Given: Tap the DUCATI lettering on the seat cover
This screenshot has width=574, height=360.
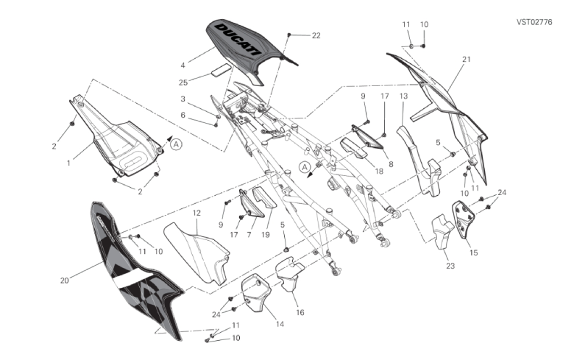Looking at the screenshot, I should pyautogui.click(x=238, y=39).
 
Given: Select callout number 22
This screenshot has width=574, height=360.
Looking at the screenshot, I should pyautogui.click(x=316, y=35).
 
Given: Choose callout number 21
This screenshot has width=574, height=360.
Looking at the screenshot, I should pyautogui.click(x=466, y=59).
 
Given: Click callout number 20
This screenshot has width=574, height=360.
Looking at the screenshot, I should pyautogui.click(x=65, y=280).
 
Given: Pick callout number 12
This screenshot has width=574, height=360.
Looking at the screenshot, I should pyautogui.click(x=196, y=213).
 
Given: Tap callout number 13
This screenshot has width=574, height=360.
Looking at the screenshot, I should pyautogui.click(x=403, y=96).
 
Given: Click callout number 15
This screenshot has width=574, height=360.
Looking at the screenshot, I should pyautogui.click(x=473, y=253).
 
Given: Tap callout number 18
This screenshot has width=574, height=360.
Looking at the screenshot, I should pyautogui.click(x=380, y=170).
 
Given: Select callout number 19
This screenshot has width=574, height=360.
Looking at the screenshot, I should pyautogui.click(x=266, y=235).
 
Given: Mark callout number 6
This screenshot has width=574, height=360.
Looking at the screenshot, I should pyautogui.click(x=183, y=115).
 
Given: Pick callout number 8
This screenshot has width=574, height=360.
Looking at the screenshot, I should pyautogui.click(x=391, y=165).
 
